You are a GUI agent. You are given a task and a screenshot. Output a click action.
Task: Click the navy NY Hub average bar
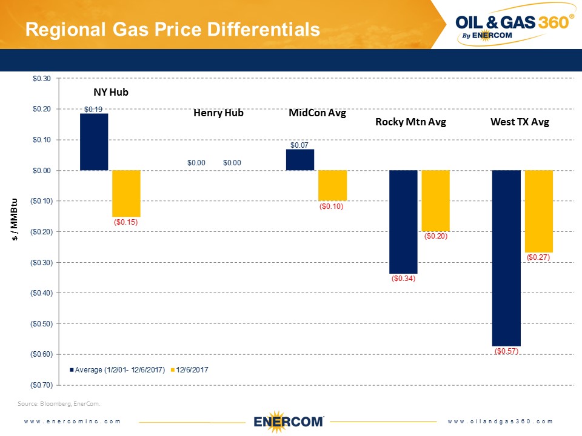(94, 142)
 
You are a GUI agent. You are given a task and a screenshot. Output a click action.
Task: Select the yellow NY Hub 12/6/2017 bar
(127, 193)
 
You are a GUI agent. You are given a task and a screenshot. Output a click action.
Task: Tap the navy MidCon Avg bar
(300, 160)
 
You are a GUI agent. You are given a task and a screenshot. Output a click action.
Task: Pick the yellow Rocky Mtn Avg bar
(436, 200)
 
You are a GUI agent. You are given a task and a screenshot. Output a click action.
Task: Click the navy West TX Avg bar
(506, 258)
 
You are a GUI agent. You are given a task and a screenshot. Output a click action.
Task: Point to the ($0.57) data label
(506, 351)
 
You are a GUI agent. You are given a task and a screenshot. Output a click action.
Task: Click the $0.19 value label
(93, 110)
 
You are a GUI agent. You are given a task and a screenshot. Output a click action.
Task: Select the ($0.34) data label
(403, 279)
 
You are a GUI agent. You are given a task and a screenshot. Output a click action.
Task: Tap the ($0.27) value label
(538, 257)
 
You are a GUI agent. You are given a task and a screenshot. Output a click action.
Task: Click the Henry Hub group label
(218, 113)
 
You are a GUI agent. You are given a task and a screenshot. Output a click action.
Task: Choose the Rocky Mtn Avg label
(410, 122)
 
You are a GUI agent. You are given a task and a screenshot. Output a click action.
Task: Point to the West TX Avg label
(520, 122)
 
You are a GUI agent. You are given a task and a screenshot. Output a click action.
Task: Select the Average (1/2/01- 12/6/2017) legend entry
(118, 369)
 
